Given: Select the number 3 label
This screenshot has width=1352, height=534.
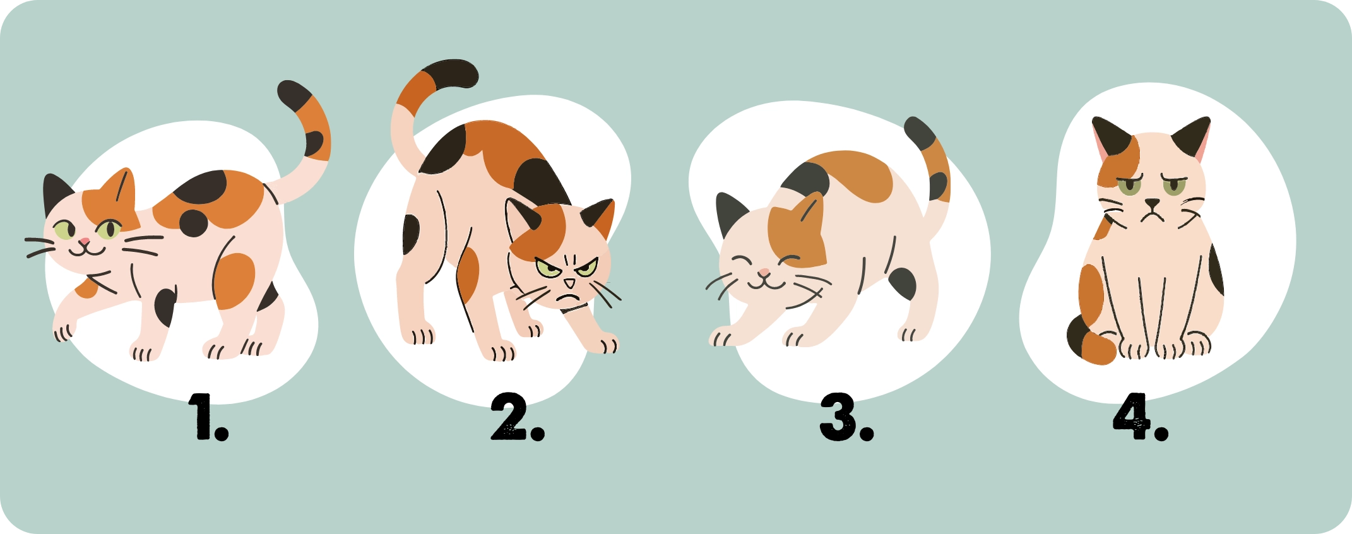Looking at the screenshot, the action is (846, 417).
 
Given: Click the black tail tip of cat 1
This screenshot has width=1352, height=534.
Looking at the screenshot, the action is (294, 95).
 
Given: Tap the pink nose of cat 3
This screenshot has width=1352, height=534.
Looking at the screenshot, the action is (764, 273).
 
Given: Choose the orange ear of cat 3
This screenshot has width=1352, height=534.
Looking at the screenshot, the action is (809, 215).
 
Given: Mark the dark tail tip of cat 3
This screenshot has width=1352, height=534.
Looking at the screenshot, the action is (918, 133).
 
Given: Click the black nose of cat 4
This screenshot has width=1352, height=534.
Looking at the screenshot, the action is (1153, 204).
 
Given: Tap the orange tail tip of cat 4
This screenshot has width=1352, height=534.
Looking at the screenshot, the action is (1098, 348).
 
